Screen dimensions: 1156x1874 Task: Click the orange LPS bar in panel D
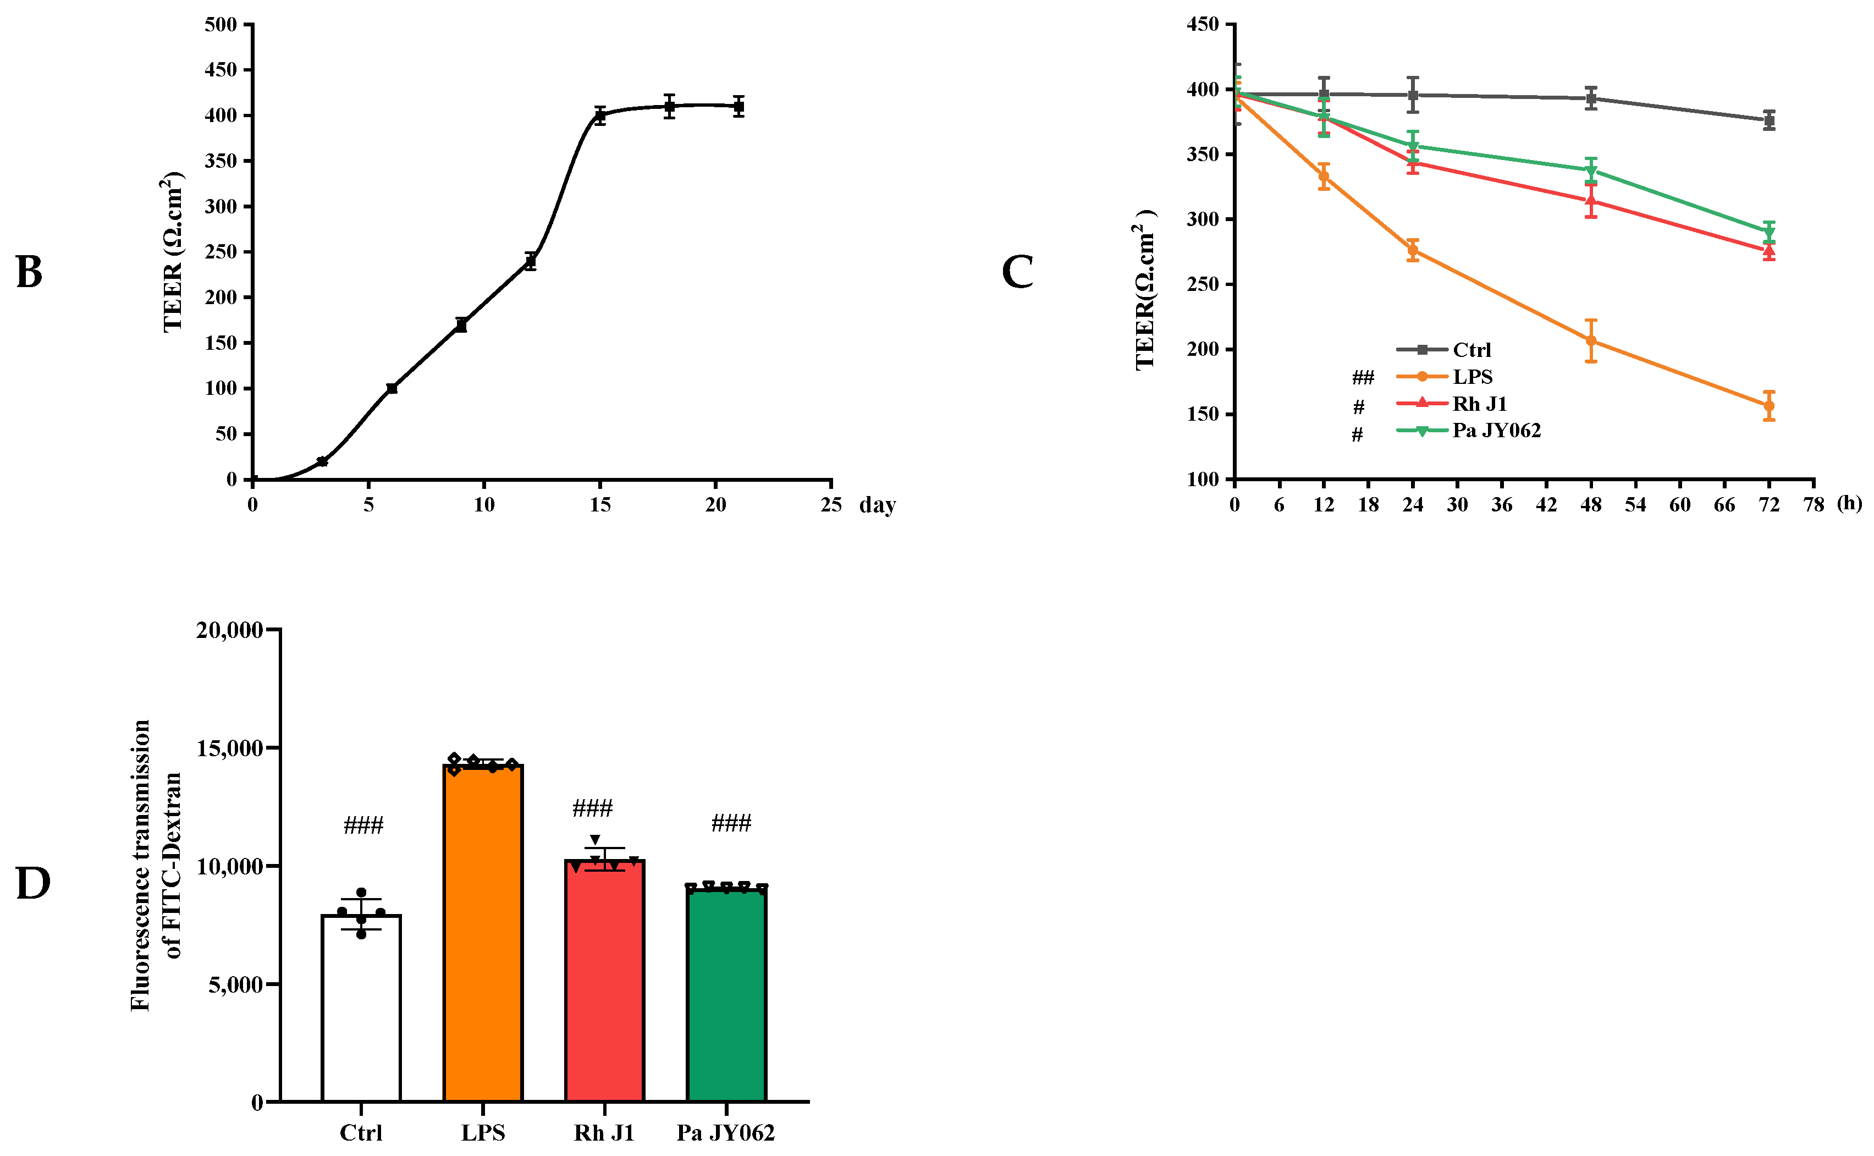click(483, 933)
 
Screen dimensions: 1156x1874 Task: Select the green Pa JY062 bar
click(726, 994)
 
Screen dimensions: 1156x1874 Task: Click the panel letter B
click(29, 272)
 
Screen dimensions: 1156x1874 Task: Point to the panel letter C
click(1017, 272)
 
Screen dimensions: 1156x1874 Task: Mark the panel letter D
click(33, 884)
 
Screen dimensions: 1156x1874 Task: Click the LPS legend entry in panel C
click(1472, 376)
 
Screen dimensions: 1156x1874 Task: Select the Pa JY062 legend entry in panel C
click(1496, 431)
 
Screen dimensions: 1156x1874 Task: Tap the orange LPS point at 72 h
click(1768, 406)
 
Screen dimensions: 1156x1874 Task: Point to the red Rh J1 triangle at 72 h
click(1768, 250)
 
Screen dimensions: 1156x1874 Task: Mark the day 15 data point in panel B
click(600, 116)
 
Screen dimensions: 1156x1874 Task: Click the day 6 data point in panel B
click(392, 388)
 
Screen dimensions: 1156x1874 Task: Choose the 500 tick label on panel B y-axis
click(221, 24)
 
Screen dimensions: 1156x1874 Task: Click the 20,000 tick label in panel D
click(229, 630)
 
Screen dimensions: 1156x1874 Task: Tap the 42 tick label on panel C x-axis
click(1546, 505)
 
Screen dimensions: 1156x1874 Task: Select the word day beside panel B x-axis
click(877, 505)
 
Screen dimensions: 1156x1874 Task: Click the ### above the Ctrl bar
click(363, 825)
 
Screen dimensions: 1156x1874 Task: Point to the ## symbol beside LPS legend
click(1363, 377)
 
